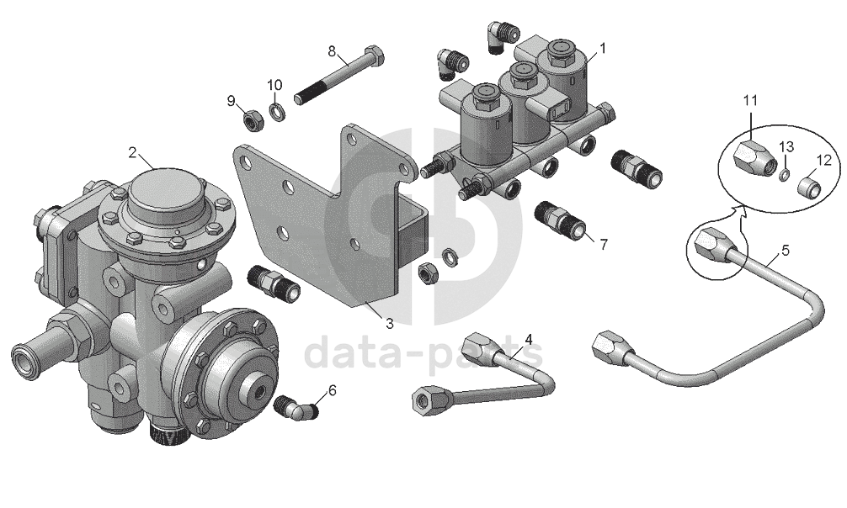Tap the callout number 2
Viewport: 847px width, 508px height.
(132, 152)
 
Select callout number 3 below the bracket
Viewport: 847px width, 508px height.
(390, 323)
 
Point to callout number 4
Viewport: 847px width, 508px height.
(529, 338)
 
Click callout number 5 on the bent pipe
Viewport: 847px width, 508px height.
(785, 250)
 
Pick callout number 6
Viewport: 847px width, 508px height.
(332, 389)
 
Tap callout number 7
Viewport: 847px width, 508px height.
(603, 244)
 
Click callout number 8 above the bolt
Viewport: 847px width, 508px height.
(332, 51)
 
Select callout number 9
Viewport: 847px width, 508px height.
(231, 101)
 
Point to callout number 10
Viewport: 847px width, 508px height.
(274, 85)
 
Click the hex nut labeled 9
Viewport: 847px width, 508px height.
(253, 119)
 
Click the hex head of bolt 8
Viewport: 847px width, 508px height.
(376, 57)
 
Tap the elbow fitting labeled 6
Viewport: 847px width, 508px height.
(296, 410)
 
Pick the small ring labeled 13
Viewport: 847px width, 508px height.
(783, 174)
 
